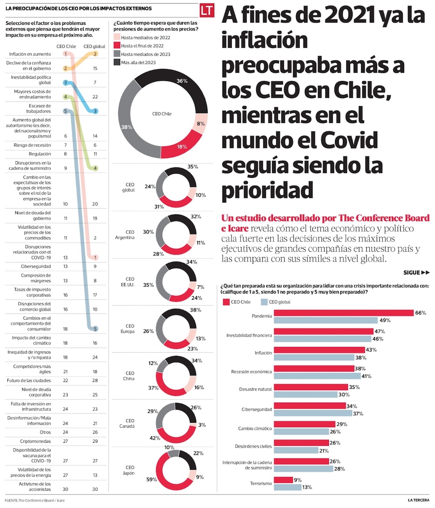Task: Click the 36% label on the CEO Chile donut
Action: pos(182,81)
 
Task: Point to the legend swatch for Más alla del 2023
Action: pos(117,63)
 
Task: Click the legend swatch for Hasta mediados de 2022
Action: pos(117,37)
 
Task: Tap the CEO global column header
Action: pos(94,46)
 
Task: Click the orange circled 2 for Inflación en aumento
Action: pos(95,54)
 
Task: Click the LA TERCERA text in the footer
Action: pos(418,500)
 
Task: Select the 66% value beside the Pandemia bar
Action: pos(420,313)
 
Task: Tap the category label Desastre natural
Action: pos(255,390)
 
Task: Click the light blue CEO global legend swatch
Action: pos(264,301)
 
